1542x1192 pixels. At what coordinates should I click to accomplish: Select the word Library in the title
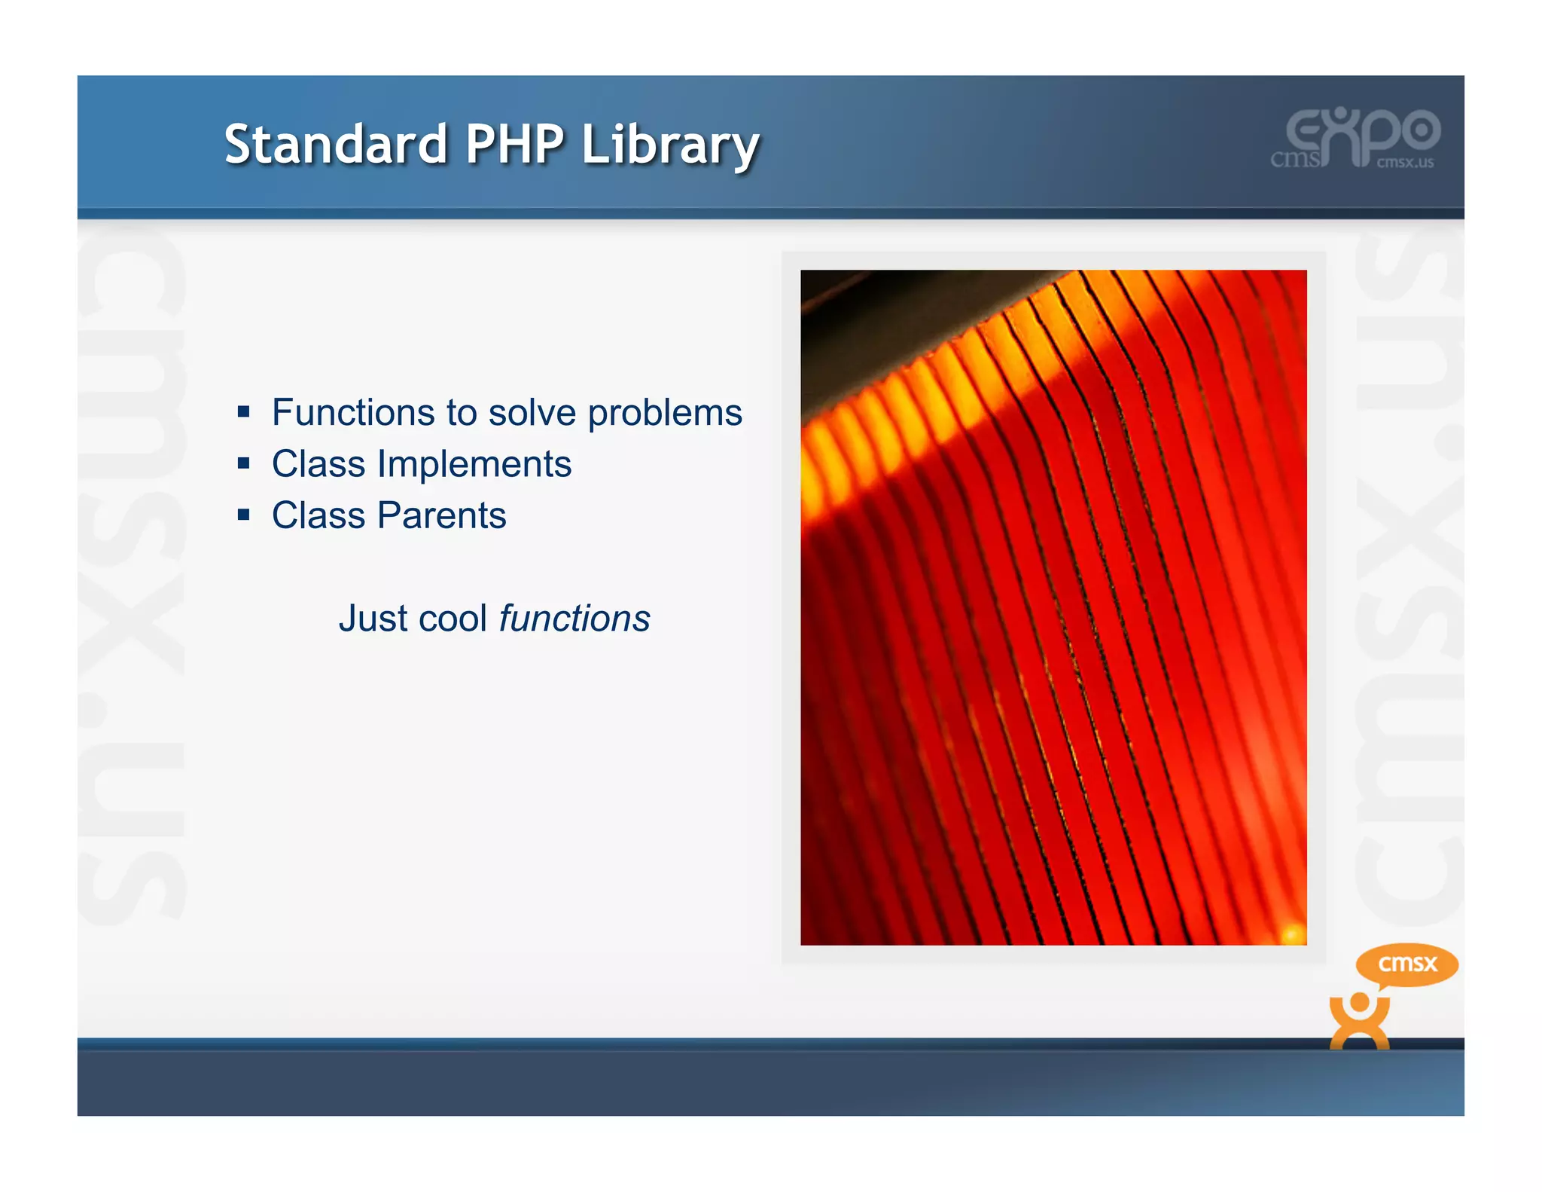[x=669, y=145]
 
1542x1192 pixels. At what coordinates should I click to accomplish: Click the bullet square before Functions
[x=243, y=411]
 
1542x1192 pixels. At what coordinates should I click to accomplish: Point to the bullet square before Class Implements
[x=243, y=463]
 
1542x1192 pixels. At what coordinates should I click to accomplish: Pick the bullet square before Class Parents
[x=243, y=515]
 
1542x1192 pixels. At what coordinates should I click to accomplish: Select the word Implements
[x=474, y=464]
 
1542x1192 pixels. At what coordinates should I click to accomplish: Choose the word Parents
[x=441, y=515]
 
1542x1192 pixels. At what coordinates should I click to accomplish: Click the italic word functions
[x=574, y=618]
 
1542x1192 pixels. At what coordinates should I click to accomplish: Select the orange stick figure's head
[x=1359, y=1003]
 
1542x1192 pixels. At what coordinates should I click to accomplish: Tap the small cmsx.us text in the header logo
[x=1405, y=162]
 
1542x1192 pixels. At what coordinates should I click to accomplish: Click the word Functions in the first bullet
[x=353, y=412]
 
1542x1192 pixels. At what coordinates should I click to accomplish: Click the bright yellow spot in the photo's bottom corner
[x=1292, y=932]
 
